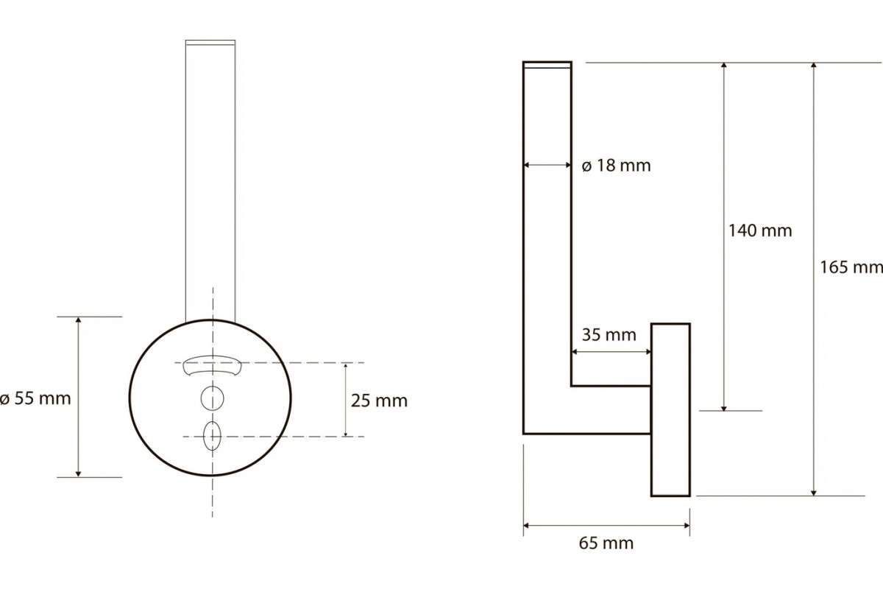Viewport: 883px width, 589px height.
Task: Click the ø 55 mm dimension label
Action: coord(35,398)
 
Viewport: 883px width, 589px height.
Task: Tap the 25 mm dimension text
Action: coord(379,401)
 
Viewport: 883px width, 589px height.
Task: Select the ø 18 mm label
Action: coord(616,166)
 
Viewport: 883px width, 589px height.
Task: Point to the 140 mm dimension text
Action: coord(760,230)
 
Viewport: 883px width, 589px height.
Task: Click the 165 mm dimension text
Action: coord(851,267)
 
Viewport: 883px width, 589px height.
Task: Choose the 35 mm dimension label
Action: coord(609,335)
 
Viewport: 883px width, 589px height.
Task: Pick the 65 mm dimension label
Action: coord(606,543)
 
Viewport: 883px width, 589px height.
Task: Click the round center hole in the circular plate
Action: coord(213,398)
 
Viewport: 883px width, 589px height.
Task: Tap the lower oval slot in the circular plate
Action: coord(212,436)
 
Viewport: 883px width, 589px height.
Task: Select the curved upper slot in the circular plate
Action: coord(212,365)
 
